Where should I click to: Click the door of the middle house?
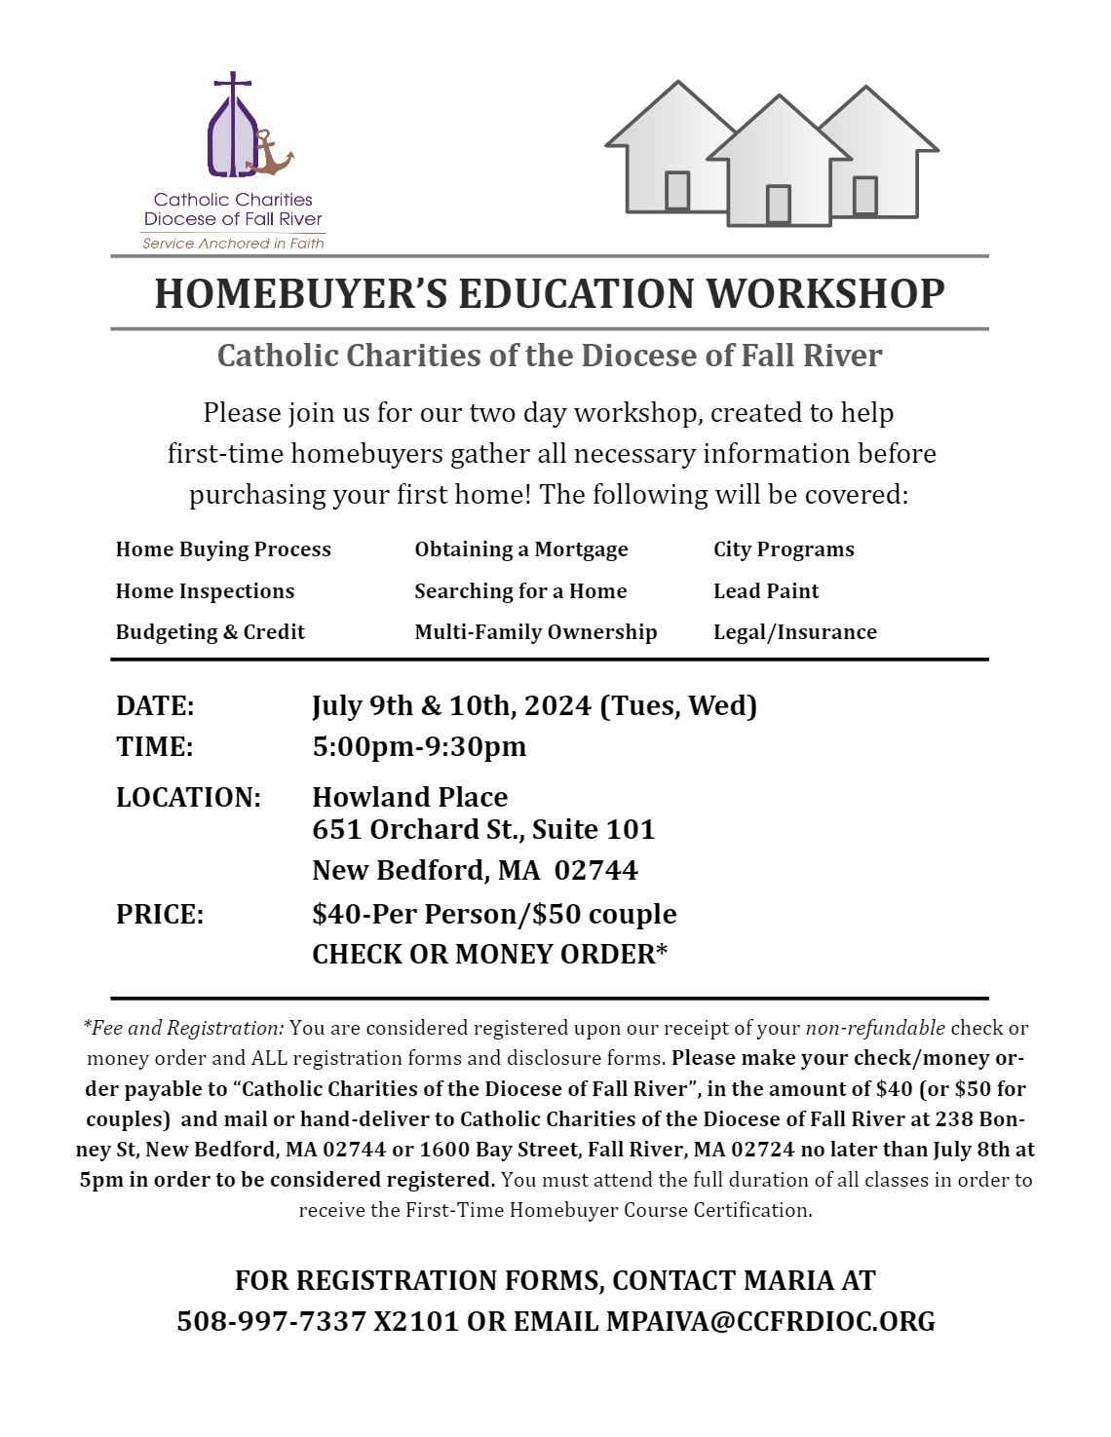[x=778, y=205]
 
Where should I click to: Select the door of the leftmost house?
[x=677, y=190]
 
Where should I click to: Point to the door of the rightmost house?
[x=864, y=195]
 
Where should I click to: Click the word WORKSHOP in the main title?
[x=825, y=294]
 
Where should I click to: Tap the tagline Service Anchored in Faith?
[x=233, y=244]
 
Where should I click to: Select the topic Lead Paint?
[x=766, y=591]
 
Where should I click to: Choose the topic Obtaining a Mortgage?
[x=521, y=549]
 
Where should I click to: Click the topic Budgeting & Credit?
[x=211, y=632]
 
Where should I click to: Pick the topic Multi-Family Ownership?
[x=536, y=632]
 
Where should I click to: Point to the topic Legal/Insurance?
[x=795, y=632]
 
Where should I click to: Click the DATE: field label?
[x=155, y=706]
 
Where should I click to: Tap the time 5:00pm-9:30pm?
[x=419, y=747]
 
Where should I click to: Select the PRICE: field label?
[x=160, y=915]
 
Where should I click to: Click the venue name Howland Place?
[x=410, y=798]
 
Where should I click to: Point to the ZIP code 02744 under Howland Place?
[x=596, y=871]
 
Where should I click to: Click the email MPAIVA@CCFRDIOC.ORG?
[x=771, y=1322]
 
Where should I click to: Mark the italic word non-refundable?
[x=875, y=1028]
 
